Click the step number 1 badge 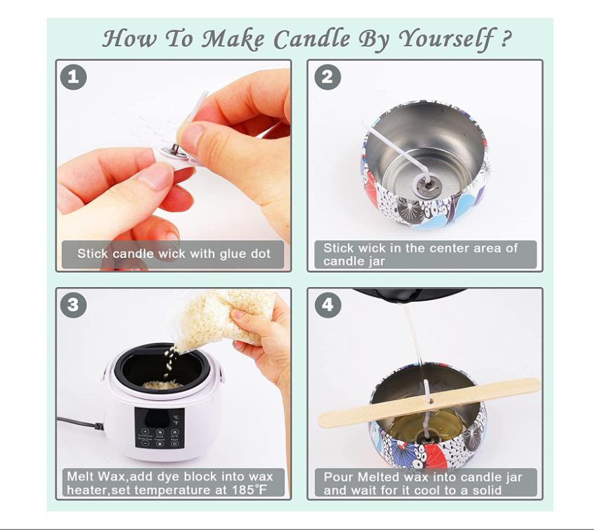click(74, 77)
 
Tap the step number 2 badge click(328, 77)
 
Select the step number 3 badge click(74, 305)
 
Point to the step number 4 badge click(328, 305)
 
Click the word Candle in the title click(311, 39)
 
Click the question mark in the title click(506, 39)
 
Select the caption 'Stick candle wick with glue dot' click(174, 253)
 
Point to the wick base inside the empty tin click(427, 185)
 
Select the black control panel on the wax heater click(159, 428)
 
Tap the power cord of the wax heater click(80, 423)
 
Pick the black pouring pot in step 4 click(409, 293)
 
